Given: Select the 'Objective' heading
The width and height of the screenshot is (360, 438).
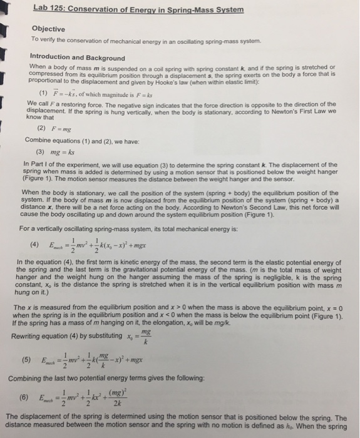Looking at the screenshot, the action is (48, 29).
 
